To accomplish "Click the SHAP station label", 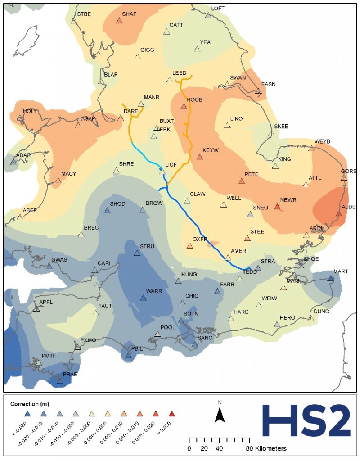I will pyautogui.click(x=129, y=14).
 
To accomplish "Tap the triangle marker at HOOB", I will pyautogui.click(x=184, y=107).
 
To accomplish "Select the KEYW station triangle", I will pyautogui.click(x=200, y=157).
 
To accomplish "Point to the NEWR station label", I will pyautogui.click(x=287, y=199).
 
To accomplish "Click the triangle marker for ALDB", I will pyautogui.click(x=339, y=213).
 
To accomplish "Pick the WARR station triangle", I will pyautogui.click(x=143, y=298).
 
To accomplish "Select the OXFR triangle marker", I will pyautogui.click(x=190, y=246).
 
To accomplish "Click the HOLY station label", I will pyautogui.click(x=30, y=111).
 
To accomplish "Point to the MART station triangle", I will pyautogui.click(x=331, y=279).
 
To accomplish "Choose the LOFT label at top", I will pyautogui.click(x=218, y=8).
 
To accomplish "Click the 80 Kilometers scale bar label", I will pyautogui.click(x=267, y=448).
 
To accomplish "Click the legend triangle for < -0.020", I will pyautogui.click(x=27, y=413).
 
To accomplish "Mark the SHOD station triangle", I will pyautogui.click(x=107, y=211).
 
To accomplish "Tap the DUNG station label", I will pyautogui.click(x=322, y=311).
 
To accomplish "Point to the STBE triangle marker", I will pyautogui.click(x=74, y=21).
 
